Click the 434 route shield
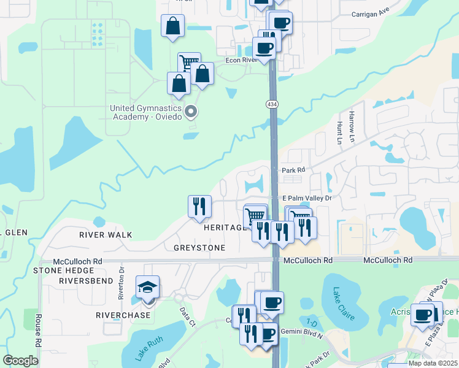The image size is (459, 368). click(271, 105)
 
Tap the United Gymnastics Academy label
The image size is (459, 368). click(146, 113)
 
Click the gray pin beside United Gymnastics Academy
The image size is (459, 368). click(191, 112)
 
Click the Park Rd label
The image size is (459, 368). click(293, 170)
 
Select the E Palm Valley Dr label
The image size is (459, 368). click(306, 198)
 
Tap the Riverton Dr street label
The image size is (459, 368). click(121, 282)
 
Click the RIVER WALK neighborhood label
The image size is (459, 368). click(106, 235)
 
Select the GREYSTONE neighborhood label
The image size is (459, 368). click(199, 248)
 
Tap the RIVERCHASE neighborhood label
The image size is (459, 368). click(123, 315)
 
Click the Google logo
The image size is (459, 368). click(21, 361)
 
